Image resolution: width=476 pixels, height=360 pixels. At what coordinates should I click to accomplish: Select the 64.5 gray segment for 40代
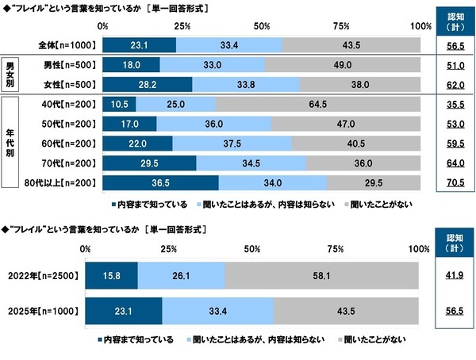tap(317, 104)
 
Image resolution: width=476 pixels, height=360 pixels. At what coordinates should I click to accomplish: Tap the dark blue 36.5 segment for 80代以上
tap(160, 183)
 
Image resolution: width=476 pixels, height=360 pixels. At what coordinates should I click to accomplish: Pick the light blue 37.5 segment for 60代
tap(232, 144)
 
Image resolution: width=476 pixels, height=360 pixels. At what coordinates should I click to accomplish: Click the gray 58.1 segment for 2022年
tap(322, 276)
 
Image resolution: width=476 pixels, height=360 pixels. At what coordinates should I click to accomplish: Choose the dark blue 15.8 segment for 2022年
tap(112, 276)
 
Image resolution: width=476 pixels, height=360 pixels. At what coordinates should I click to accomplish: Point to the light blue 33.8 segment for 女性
tap(246, 84)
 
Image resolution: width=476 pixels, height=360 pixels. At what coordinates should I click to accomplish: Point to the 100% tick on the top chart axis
tap(420, 27)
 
